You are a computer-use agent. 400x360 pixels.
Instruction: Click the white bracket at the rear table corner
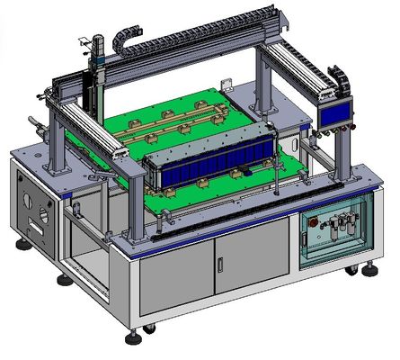(228, 87)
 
